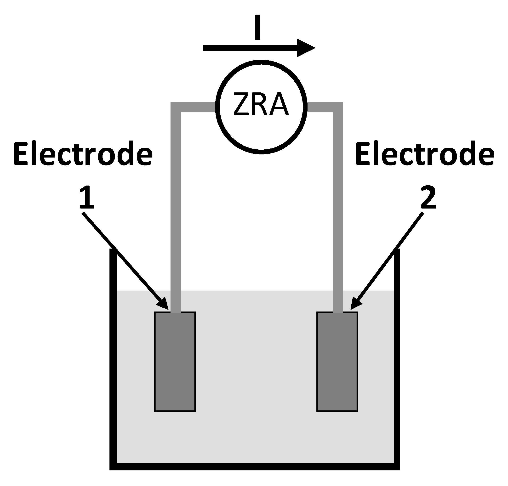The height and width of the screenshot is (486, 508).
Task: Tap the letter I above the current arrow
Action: coord(257,28)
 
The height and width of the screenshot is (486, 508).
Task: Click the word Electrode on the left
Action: coord(83,155)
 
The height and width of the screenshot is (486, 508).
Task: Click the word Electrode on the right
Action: coord(425,155)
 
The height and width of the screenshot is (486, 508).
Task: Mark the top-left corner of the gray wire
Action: coord(176,107)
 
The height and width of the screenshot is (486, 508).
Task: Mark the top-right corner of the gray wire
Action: coord(338,107)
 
